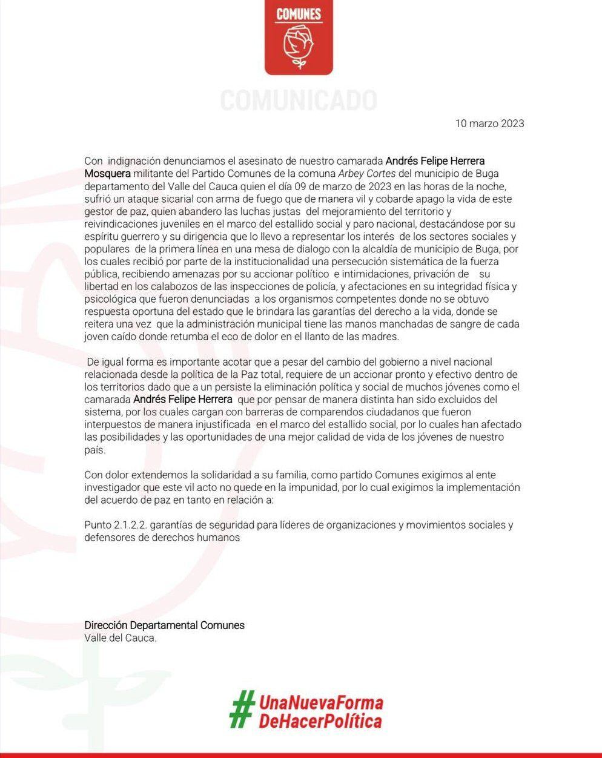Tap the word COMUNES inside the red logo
pos(299,14)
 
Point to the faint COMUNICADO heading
pos(299,100)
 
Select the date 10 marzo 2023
pos(489,124)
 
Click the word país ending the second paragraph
pos(95,450)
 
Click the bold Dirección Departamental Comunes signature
pos(164,625)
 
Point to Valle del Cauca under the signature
pos(121,638)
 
